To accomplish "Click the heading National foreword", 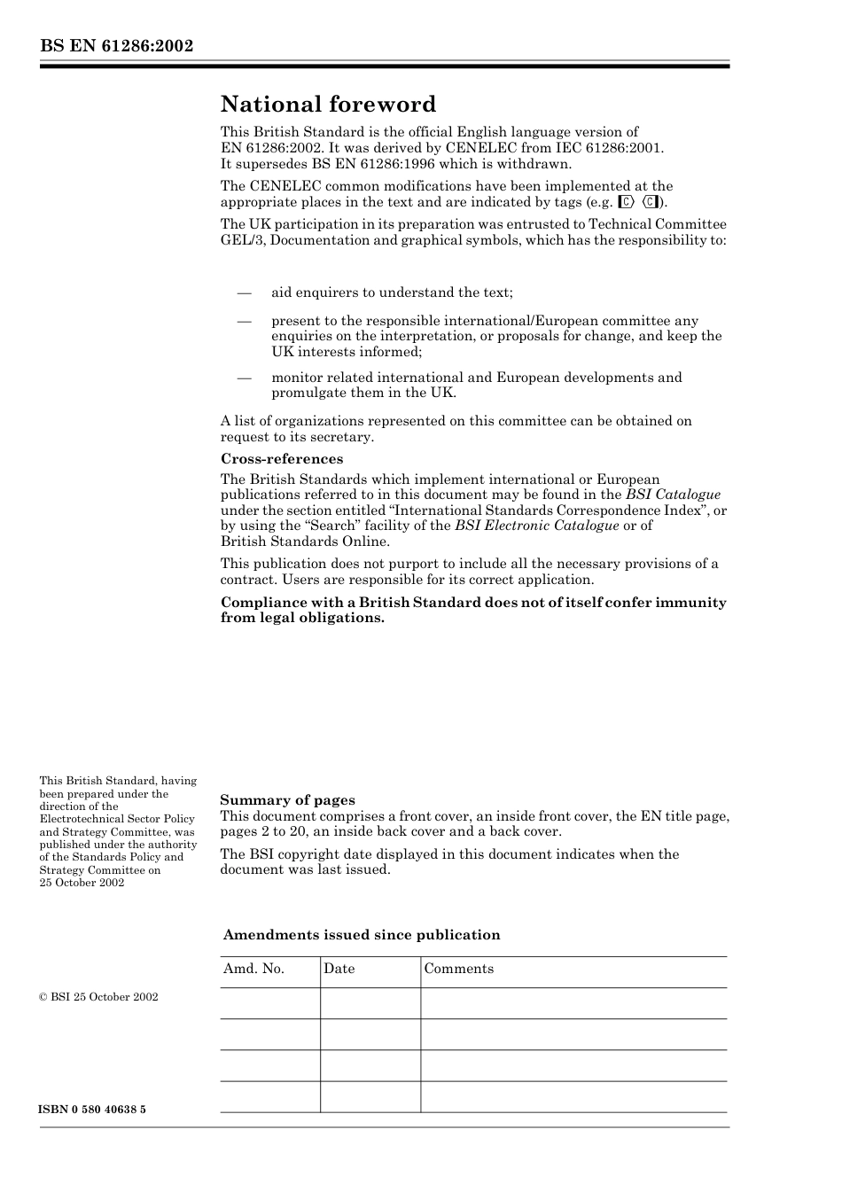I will (328, 105).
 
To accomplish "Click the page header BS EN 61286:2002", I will (116, 46).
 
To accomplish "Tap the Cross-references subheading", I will (281, 459).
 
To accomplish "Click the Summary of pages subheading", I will (287, 800).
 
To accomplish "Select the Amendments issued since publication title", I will (361, 935).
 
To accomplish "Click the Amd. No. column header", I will (253, 969).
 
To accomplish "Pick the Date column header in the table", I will (339, 969).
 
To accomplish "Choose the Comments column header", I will (458, 969).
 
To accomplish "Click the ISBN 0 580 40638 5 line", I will (92, 1110).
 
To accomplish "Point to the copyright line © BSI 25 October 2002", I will (98, 997).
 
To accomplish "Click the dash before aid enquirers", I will (244, 292).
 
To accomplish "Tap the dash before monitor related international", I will (244, 378).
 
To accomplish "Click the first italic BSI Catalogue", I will (673, 495).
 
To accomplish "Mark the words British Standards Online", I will (304, 541).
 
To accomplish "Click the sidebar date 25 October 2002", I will (82, 883).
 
